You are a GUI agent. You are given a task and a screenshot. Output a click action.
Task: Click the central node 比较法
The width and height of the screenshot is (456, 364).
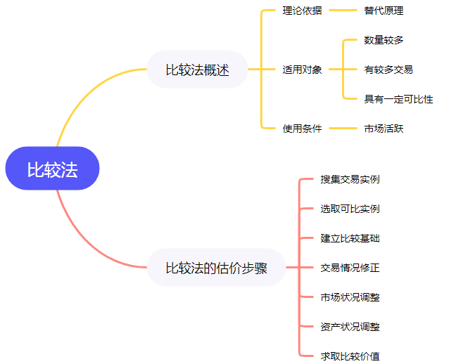[52, 169]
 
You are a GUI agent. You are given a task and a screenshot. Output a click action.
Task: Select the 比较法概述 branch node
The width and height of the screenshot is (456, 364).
[197, 70]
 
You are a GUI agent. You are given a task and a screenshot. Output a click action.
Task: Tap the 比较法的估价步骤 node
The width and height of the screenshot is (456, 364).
[216, 268]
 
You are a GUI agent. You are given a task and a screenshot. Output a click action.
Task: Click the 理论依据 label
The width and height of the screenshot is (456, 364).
[302, 11]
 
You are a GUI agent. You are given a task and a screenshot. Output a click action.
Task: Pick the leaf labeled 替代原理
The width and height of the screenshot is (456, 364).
[384, 11]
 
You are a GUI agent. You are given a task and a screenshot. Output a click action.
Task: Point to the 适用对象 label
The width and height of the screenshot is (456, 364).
[302, 70]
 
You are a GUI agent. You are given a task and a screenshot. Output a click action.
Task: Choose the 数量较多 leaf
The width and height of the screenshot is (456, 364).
[384, 40]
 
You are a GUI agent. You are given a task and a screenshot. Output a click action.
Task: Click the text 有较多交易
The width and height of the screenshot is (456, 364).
[388, 70]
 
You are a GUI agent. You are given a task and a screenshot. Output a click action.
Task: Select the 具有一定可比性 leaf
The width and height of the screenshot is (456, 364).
[398, 99]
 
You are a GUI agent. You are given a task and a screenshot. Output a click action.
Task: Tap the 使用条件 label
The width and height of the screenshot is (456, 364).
[302, 129]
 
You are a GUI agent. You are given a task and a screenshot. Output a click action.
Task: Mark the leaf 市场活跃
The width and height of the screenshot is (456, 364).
[384, 129]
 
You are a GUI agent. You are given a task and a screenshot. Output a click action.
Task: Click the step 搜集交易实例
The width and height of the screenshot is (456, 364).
[350, 179]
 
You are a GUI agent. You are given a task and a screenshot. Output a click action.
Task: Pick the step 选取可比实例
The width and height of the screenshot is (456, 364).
[350, 209]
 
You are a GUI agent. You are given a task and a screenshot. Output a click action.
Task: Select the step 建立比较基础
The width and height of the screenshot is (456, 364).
[350, 238]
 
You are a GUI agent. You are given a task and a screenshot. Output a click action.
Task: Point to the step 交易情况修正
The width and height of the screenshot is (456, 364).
[350, 268]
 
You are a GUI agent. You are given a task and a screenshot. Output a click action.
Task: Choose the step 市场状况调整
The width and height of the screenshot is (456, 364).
[350, 297]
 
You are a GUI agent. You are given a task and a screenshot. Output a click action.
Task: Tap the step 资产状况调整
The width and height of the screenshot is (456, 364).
[350, 327]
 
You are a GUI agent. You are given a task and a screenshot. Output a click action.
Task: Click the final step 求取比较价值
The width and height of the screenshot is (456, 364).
[350, 356]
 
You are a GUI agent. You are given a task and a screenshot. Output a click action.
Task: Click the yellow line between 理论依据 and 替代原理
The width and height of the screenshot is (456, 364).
[343, 11]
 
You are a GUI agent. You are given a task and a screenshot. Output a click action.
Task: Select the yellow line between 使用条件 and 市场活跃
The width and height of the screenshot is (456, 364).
[343, 129]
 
